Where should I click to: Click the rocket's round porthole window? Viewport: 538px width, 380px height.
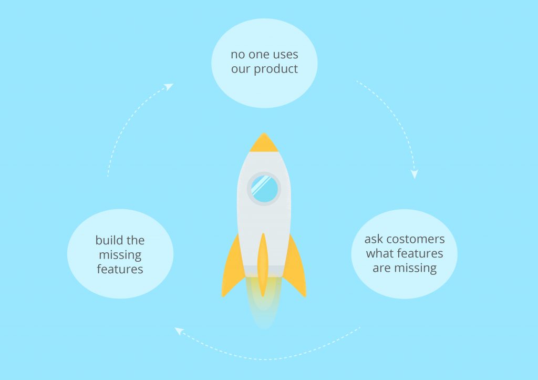point(264,189)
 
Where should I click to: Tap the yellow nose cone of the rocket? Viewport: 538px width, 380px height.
point(264,143)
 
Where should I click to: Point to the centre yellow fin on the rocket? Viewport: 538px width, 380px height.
point(263,264)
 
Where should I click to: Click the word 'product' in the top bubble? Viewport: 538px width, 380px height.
point(276,69)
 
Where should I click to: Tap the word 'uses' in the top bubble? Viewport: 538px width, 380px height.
point(285,55)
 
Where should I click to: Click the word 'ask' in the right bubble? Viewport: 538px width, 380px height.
point(374,239)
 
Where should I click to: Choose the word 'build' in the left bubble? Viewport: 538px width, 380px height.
point(107,240)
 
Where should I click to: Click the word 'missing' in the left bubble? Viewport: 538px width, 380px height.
point(120,255)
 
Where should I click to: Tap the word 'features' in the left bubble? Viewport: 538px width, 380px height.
point(120,269)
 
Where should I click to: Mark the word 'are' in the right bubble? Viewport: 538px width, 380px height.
point(382,268)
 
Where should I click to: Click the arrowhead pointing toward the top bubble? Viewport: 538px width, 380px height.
point(169,87)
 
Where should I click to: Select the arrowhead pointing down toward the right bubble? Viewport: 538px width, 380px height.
point(415,174)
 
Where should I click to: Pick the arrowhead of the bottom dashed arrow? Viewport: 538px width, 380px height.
point(179,331)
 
